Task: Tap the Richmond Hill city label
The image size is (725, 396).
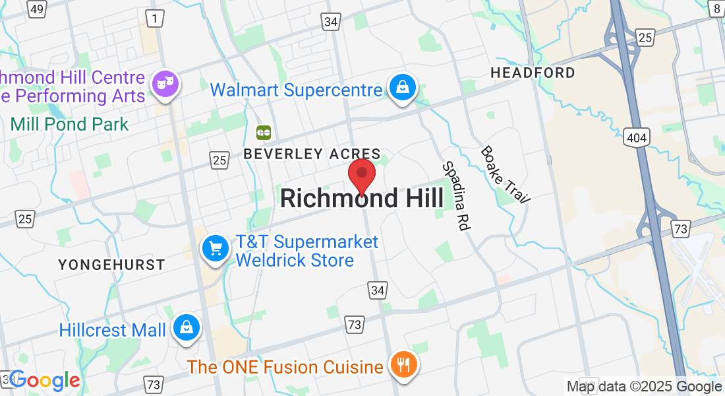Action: coord(362,198)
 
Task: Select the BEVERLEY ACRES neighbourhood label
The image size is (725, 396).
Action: coord(312,154)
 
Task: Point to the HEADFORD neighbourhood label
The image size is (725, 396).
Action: coord(533,73)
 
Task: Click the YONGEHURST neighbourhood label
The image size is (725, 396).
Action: coord(111,265)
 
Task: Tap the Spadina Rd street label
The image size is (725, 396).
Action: coord(455,195)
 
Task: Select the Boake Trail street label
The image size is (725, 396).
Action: coord(505,174)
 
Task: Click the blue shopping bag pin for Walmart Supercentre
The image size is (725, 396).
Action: coord(401,87)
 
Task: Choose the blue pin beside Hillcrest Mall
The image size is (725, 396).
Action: coord(187,327)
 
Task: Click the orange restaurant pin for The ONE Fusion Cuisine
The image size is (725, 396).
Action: coord(401,364)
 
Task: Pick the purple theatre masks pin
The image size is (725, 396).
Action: coord(165,84)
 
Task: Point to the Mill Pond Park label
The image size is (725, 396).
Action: coord(70,123)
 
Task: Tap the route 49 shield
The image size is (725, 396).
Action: coord(38,9)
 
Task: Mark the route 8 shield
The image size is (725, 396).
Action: coord(716,8)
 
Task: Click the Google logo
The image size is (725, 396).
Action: coord(45,380)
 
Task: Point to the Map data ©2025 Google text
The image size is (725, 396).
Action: coord(644,387)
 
